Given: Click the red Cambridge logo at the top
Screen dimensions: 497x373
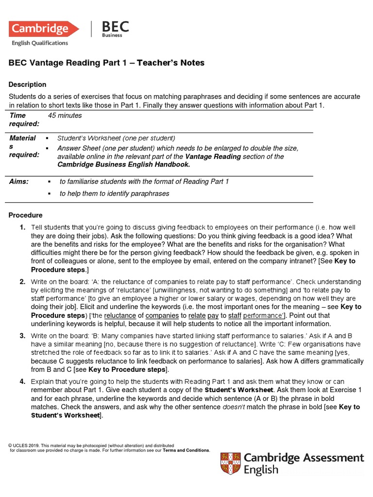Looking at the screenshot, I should point(44,29).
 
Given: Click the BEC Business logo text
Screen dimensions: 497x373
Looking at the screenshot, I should point(115,29).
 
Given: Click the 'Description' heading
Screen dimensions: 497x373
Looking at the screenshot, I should point(28,84).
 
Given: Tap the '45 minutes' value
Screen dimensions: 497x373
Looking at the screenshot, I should point(65,116).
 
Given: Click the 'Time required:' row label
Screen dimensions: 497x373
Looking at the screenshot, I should point(24,119).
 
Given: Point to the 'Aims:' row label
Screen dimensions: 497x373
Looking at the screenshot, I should point(19,182).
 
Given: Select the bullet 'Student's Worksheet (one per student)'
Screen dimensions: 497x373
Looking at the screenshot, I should point(116,138).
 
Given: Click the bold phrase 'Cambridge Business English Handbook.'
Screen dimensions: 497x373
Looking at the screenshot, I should point(124,165).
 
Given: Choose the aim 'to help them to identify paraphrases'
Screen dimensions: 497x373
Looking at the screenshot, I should point(114,194).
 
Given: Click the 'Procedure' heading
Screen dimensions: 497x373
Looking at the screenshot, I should point(26,215).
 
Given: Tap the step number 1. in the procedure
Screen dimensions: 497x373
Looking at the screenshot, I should point(22,228).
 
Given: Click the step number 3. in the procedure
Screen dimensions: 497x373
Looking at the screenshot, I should point(22,336).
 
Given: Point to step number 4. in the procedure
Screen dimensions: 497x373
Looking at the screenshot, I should point(22,381).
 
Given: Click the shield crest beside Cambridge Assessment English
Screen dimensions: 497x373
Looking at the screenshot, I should point(230,464).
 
